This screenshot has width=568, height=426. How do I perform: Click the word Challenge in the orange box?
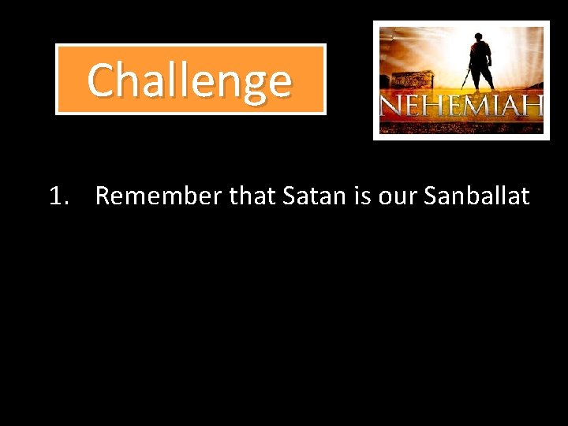189,80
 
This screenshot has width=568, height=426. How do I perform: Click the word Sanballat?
476,196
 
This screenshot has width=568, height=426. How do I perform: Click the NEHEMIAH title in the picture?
461,104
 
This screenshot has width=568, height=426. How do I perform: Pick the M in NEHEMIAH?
477,105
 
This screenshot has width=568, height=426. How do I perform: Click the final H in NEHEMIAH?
534,105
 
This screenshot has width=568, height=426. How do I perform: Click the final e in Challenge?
279,82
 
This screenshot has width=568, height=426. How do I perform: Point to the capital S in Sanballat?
431,196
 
